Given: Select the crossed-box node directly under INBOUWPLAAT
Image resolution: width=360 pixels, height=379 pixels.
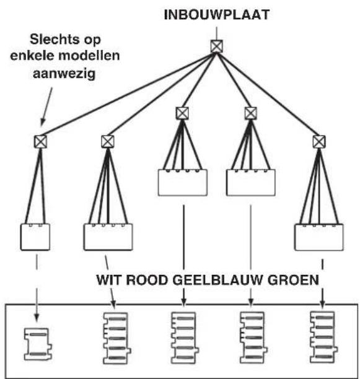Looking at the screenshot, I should [216, 46].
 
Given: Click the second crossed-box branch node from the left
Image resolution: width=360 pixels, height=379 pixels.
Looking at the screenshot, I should [107, 141].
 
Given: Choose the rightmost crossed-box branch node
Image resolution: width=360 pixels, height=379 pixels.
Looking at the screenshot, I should [319, 141].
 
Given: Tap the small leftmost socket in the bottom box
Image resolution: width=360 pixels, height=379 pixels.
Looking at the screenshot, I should [36, 342].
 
